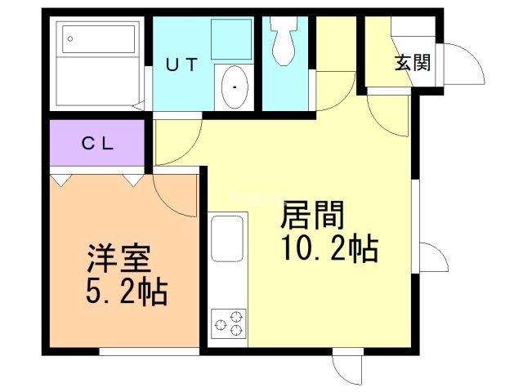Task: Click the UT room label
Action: point(181,65)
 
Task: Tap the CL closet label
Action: point(98,144)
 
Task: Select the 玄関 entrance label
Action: point(413,63)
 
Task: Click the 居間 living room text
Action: point(312,215)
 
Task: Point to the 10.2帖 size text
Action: point(330,248)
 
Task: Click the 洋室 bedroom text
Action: point(118,259)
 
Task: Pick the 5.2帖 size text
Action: point(127,292)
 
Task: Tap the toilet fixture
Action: point(284,41)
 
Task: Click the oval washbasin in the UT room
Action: point(235,87)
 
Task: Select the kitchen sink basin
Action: point(227,238)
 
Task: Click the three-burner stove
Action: point(229,323)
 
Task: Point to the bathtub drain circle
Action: point(70,38)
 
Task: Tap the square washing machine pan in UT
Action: point(231,39)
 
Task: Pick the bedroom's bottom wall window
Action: point(149,351)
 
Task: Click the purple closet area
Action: point(96,143)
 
